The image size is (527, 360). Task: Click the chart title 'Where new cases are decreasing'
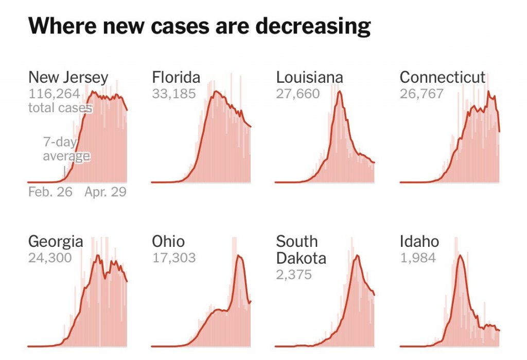tap(200, 26)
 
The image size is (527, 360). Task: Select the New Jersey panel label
tap(68, 78)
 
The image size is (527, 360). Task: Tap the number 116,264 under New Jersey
tap(54, 94)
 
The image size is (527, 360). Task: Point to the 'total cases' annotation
tap(60, 108)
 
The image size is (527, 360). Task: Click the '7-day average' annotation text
tap(66, 149)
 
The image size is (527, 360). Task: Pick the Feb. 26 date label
tap(50, 192)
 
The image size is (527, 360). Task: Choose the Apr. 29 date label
tap(106, 192)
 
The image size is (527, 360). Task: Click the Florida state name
tap(176, 78)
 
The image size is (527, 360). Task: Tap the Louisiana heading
tap(309, 78)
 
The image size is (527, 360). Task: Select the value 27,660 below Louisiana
tap(298, 94)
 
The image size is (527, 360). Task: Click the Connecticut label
tap(443, 78)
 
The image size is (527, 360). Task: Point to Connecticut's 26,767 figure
tap(421, 94)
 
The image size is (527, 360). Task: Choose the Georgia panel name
tap(55, 241)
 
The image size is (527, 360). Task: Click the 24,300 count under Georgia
tap(50, 258)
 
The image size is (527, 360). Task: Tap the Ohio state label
tap(168, 241)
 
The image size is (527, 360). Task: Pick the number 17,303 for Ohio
tap(173, 258)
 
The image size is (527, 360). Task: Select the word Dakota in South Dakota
tap(301, 258)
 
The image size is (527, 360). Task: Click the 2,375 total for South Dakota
tap(294, 274)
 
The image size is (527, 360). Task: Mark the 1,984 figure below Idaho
tap(418, 258)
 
